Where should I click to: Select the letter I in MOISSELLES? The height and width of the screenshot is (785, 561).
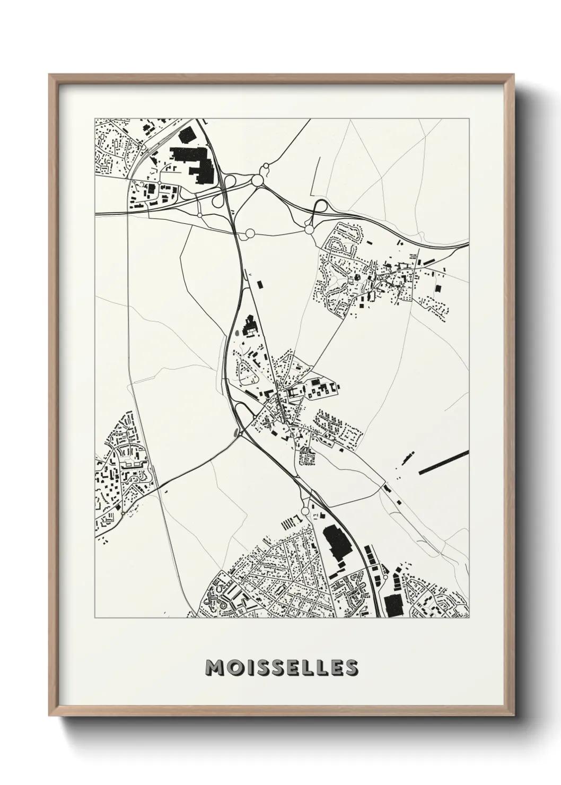[x=248, y=668]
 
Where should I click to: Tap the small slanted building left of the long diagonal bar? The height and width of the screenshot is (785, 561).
[x=408, y=458]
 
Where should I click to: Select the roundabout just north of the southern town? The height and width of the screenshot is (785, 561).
[x=304, y=511]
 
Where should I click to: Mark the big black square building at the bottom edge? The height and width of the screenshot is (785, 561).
[x=393, y=605]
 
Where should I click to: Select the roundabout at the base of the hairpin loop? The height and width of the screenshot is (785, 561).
[x=309, y=230]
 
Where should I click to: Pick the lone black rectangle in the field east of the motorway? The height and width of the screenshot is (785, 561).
[x=260, y=284]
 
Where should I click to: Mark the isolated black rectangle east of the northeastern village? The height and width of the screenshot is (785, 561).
[x=438, y=288]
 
